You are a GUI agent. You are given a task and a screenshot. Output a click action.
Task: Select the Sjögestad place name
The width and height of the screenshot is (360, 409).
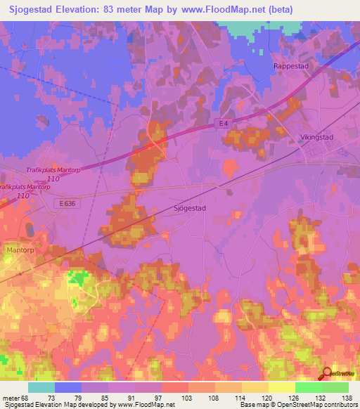189,208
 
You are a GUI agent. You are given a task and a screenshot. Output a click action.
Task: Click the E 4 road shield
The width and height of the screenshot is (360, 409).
223,124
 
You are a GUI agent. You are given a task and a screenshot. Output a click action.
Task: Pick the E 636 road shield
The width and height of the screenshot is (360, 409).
65,202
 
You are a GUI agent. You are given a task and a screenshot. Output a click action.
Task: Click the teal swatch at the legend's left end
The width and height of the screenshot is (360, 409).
41,387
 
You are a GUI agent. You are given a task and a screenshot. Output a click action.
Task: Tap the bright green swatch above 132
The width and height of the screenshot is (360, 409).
308,387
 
